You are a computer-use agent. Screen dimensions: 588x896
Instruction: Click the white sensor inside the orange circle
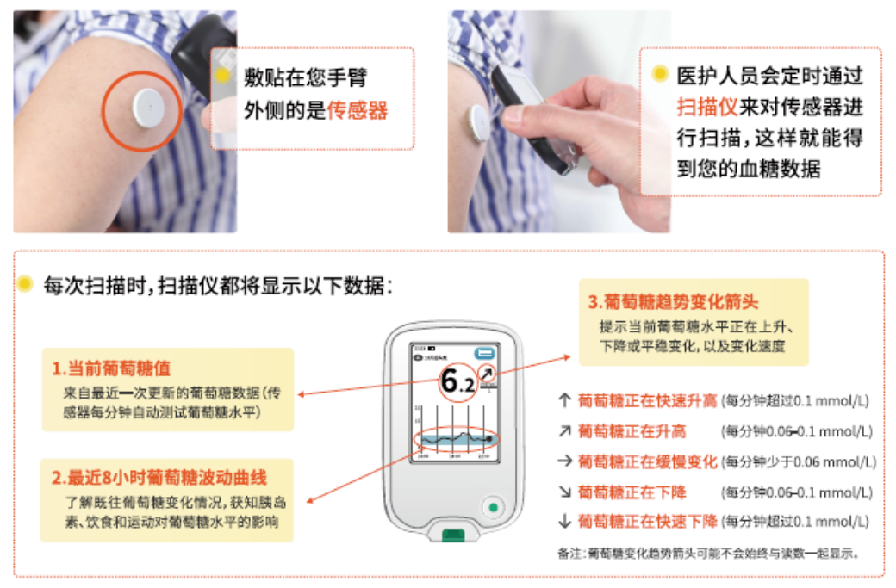click(146, 106)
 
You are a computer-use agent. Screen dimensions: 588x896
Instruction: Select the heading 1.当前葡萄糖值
click(110, 368)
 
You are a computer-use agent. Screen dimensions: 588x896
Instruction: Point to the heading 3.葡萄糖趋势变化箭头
click(673, 301)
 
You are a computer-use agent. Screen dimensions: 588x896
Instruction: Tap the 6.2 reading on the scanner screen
click(456, 381)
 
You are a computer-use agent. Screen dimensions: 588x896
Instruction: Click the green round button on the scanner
click(493, 508)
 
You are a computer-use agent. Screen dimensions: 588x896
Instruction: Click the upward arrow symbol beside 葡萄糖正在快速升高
click(564, 400)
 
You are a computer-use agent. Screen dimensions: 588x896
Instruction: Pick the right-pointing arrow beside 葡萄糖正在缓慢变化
click(564, 461)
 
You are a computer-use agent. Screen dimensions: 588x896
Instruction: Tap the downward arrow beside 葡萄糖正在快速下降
click(564, 522)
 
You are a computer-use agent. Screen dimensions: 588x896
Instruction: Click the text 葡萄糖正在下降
click(632, 492)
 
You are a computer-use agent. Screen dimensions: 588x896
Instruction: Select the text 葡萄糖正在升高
click(632, 430)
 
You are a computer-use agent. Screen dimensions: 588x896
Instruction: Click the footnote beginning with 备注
click(709, 553)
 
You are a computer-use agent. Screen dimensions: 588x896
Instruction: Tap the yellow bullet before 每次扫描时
click(26, 283)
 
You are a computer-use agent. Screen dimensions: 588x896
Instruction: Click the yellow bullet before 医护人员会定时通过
click(660, 75)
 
